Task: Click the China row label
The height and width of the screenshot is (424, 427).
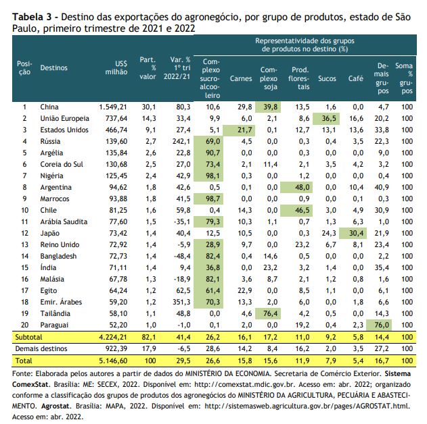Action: (x=49, y=107)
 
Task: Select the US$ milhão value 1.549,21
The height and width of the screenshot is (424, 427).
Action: (x=113, y=107)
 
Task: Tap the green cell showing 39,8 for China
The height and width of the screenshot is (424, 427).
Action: (x=268, y=107)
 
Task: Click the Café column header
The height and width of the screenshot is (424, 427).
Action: (x=356, y=78)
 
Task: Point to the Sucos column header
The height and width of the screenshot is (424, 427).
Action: (x=327, y=78)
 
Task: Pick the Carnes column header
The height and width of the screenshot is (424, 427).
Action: (x=241, y=78)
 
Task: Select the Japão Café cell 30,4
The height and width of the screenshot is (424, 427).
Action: (x=353, y=234)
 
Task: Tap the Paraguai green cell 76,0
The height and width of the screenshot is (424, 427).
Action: (x=379, y=325)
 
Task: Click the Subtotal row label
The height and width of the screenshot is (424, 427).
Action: (x=28, y=338)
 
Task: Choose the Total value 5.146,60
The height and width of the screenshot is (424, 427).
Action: (x=113, y=361)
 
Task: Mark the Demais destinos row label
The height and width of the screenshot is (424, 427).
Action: (x=41, y=349)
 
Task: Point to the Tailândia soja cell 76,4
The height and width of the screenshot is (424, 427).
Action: (x=268, y=314)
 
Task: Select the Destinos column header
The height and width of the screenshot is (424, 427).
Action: (x=53, y=68)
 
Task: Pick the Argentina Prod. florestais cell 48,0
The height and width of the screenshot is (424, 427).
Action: (x=296, y=188)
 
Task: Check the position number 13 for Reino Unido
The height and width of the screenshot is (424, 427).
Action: (x=25, y=244)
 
